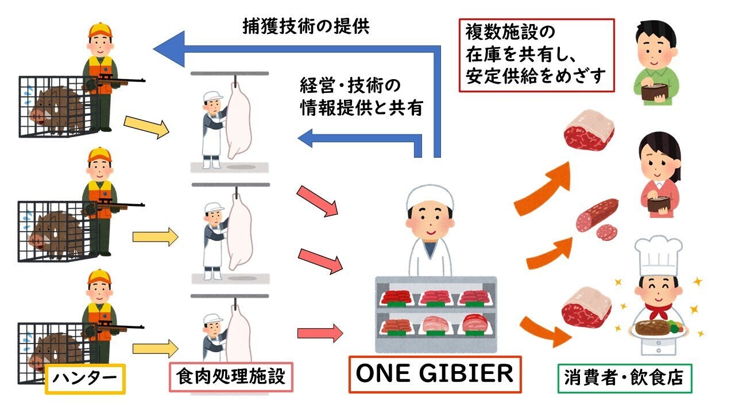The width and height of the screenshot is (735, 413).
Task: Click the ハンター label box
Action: click(x=85, y=379)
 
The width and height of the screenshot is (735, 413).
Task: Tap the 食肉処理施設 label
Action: click(x=231, y=377)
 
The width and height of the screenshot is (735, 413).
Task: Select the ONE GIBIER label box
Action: click(x=435, y=374)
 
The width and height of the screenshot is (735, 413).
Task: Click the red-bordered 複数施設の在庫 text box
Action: click(x=536, y=55)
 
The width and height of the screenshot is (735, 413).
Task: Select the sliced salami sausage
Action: click(x=598, y=218)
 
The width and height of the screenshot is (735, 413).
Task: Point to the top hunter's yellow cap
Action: click(x=100, y=30)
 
